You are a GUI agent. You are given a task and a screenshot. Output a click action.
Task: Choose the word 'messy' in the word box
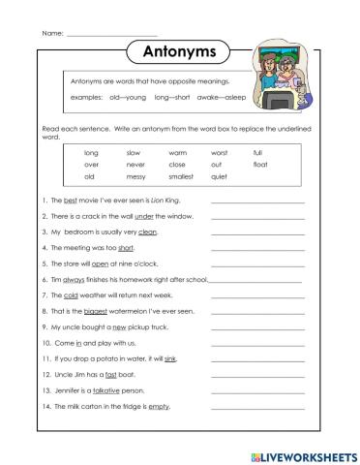click(135, 176)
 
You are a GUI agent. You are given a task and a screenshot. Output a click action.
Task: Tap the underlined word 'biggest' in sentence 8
click(93, 311)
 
